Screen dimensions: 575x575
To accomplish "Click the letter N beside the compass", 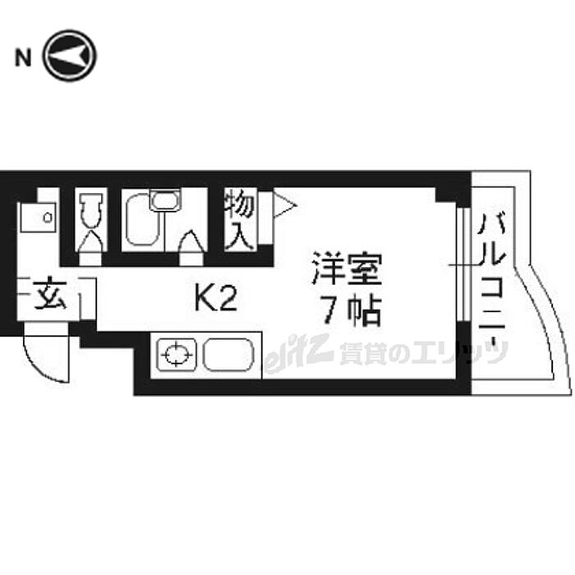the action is click(23, 58).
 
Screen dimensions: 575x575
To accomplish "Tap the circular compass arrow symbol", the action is click(69, 56).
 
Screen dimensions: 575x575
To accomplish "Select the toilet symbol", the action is click(90, 209).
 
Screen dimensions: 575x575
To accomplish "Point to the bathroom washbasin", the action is click(165, 200).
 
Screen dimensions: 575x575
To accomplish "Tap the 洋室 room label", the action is click(346, 269).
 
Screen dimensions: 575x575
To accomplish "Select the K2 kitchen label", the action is click(215, 298).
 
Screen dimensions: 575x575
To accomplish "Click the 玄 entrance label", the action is click(50, 295).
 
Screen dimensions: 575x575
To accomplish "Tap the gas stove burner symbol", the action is click(177, 354).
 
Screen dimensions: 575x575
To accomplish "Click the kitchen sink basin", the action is click(228, 354).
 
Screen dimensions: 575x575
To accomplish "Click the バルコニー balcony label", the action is click(492, 283).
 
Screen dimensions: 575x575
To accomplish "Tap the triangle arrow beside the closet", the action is click(284, 206).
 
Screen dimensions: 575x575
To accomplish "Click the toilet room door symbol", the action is click(90, 246).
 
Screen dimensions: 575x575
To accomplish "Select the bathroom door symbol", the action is click(191, 246).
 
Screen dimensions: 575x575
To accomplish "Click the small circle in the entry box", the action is click(48, 218).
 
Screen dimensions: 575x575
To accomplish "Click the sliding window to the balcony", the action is click(464, 264).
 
